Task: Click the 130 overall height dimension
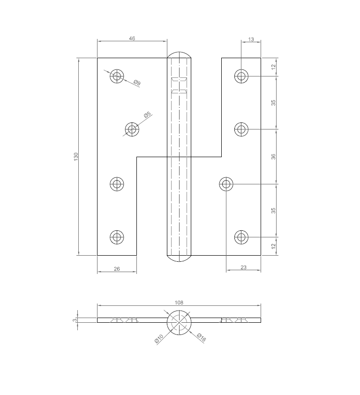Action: click(x=76, y=157)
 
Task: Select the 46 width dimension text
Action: click(x=132, y=38)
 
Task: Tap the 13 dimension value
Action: click(x=251, y=39)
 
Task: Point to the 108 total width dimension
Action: click(x=179, y=303)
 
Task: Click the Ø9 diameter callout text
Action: click(x=137, y=83)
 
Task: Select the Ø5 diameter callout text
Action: click(x=147, y=115)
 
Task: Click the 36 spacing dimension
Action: click(x=273, y=157)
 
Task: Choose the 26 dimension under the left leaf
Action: click(x=117, y=269)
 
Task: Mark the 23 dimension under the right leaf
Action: click(x=243, y=268)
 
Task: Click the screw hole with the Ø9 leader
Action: click(x=117, y=76)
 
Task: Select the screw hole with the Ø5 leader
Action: click(x=132, y=129)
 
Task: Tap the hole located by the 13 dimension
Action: click(x=241, y=76)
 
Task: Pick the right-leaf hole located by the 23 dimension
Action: click(x=226, y=184)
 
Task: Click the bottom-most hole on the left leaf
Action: click(x=117, y=237)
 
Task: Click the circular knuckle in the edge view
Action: click(x=179, y=322)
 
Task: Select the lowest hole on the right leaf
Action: click(x=241, y=237)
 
